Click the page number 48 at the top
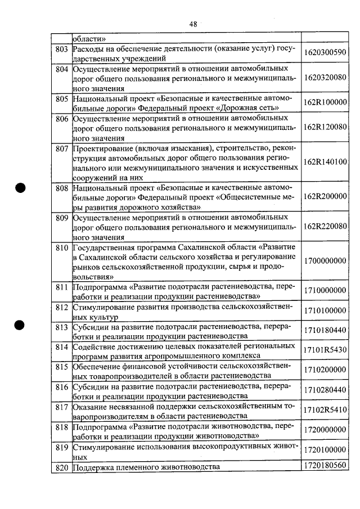coord(193,24)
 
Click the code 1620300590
coord(325,52)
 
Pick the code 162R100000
coord(325,102)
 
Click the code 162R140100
coord(325,161)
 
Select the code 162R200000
coord(325,196)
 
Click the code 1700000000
coord(325,261)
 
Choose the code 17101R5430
coord(325,349)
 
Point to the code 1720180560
coord(325,465)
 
